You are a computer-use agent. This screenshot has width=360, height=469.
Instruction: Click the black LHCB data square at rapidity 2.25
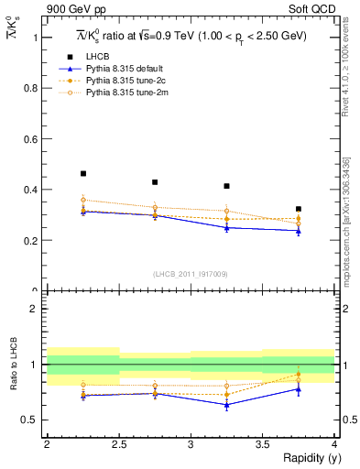[x=83, y=173]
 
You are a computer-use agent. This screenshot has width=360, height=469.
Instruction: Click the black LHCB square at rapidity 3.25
[x=227, y=186]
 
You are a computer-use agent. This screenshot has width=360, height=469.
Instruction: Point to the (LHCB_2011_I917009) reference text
[x=191, y=275]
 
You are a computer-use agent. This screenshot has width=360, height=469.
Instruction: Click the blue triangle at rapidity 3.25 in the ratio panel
[x=227, y=405]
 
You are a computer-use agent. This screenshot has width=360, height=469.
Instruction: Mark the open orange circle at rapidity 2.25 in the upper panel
[x=83, y=200]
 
